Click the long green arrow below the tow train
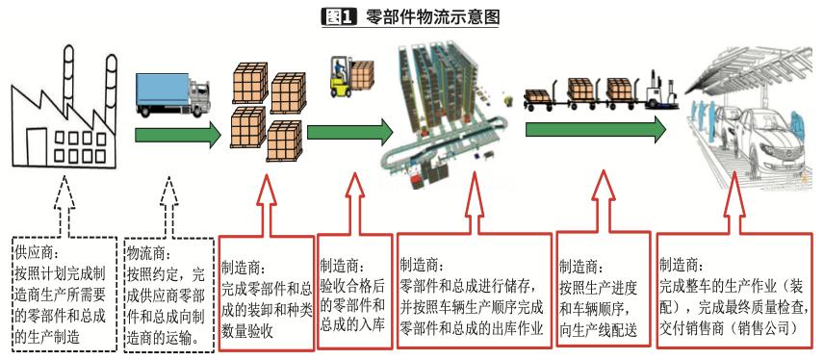596,129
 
